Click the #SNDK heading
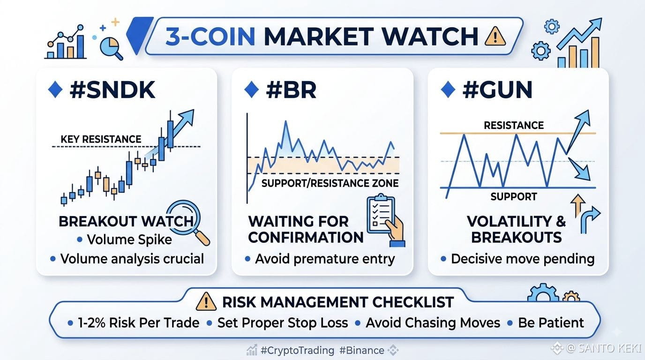112,90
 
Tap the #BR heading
291,90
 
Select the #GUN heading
497,90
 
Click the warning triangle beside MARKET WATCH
495,36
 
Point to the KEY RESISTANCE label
101,139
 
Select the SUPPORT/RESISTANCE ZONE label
330,183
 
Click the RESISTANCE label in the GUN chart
514,125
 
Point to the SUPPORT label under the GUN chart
514,197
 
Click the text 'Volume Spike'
129,240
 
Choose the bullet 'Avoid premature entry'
325,259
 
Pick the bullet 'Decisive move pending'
523,259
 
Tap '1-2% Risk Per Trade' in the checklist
138,323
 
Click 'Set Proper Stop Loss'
283,323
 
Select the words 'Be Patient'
551,323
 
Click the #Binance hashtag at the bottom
362,351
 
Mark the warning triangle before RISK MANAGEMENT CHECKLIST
206,301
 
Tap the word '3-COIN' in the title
210,37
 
